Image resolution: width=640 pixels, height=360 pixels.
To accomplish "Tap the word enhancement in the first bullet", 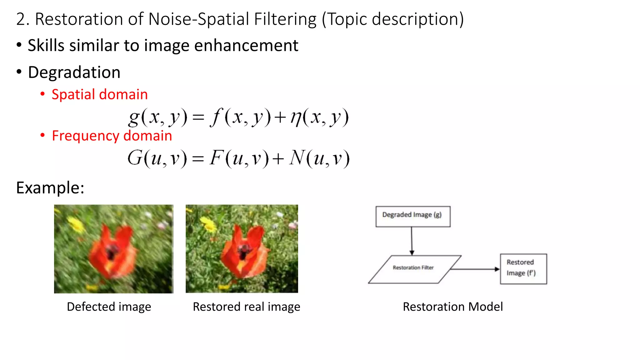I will pyautogui.click(x=246, y=46).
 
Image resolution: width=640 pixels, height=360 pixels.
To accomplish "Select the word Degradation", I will pyautogui.click(x=74, y=72).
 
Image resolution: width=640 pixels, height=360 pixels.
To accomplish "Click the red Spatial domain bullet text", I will pyautogui.click(x=99, y=94).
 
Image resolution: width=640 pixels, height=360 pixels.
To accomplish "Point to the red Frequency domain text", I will pyautogui.click(x=112, y=136).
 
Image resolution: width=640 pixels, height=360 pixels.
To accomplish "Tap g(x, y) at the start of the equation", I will pyautogui.click(x=158, y=117).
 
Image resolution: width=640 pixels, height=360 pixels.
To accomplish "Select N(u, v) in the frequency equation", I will pyautogui.click(x=319, y=158).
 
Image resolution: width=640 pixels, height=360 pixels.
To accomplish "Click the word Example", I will pyautogui.click(x=50, y=188).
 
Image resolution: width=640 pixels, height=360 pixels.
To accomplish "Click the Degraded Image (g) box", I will pyautogui.click(x=412, y=216).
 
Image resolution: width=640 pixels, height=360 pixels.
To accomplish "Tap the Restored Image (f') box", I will pyautogui.click(x=523, y=269).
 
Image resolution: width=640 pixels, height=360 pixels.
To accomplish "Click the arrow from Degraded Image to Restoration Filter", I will pyautogui.click(x=412, y=241).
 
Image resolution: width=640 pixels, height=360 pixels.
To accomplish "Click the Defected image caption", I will pyautogui.click(x=109, y=307).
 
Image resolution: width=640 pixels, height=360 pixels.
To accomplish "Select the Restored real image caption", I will pyautogui.click(x=246, y=307).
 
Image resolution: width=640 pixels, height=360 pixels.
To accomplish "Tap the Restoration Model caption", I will pyautogui.click(x=452, y=307).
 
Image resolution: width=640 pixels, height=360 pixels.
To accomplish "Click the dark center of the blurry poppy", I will pyautogui.click(x=112, y=252).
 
